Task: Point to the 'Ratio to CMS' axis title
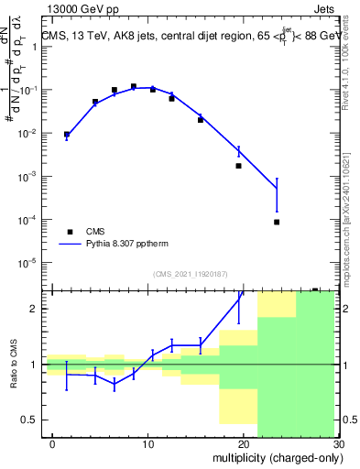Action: coord(15,364)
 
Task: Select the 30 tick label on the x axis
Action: coord(338,444)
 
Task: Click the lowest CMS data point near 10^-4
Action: coord(277,222)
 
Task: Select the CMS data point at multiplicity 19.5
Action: coord(238,166)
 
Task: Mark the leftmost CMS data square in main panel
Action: coord(66,134)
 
